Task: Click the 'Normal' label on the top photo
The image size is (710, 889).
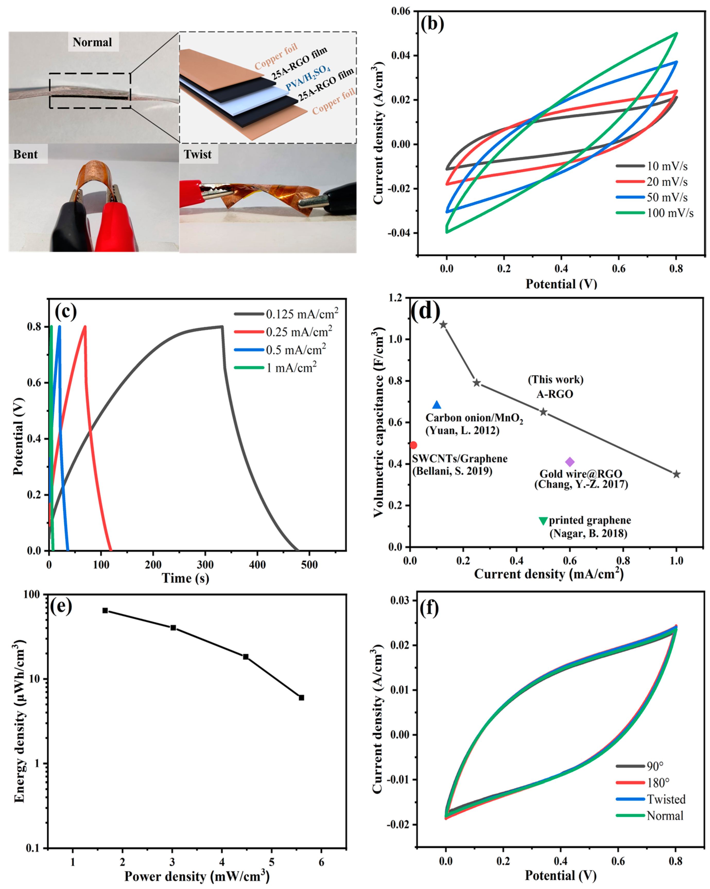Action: [92, 42]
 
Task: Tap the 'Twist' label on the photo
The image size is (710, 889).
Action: [198, 154]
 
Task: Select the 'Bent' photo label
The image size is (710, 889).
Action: [25, 154]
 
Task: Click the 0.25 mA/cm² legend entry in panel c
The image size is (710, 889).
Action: [299, 332]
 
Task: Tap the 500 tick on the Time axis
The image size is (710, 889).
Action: [309, 565]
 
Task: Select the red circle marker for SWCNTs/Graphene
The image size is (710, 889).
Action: [414, 445]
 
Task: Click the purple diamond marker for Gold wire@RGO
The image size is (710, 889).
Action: [570, 462]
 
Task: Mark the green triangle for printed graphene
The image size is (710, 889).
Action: [543, 521]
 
